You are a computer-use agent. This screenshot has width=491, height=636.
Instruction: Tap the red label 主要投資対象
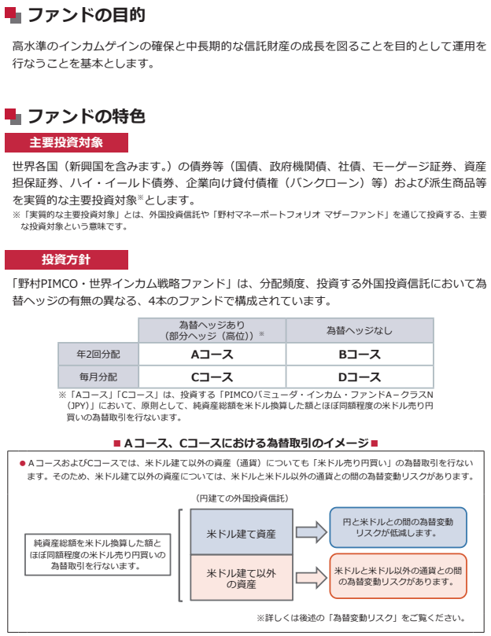pos(66,143)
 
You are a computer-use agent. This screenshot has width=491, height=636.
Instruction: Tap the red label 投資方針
pos(66,259)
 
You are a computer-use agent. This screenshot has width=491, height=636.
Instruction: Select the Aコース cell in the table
pos(212,355)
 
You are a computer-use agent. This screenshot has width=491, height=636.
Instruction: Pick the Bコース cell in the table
pos(359,355)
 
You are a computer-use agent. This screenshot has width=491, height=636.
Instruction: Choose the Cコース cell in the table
pos(212,377)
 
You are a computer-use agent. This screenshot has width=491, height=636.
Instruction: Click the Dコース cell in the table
pos(359,377)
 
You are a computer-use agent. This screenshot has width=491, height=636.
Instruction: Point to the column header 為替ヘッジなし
pos(359,330)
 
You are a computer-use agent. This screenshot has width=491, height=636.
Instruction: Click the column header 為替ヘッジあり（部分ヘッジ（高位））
pos(212,330)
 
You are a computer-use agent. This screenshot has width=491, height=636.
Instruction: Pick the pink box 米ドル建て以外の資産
pos(242,579)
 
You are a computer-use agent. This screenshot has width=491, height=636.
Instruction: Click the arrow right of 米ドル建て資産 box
pos(310,532)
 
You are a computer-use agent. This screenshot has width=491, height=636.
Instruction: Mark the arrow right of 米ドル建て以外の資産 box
pos(310,578)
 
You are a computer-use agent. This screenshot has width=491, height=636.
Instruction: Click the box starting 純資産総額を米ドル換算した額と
pos(97,554)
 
